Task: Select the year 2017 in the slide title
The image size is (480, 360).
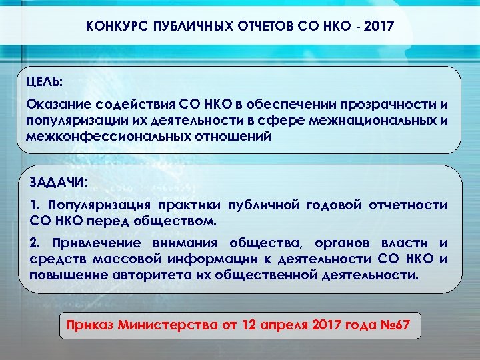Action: click(378, 28)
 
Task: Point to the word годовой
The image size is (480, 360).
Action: click(336, 205)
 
